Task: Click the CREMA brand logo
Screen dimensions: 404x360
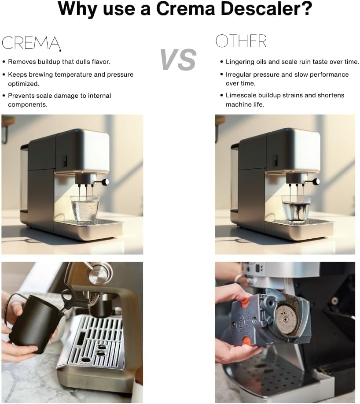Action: [31, 42]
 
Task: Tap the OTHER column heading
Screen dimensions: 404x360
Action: [241, 41]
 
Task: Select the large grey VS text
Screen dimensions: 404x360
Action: [178, 60]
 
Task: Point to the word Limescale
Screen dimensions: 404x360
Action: [241, 95]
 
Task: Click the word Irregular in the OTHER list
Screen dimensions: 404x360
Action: [240, 74]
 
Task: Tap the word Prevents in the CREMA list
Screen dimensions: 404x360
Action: [22, 96]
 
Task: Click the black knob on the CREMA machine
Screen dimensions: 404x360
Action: [105, 182]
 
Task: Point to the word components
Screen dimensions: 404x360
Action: [27, 104]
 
